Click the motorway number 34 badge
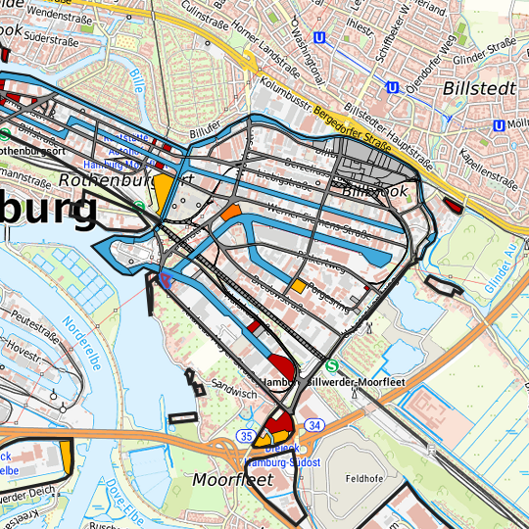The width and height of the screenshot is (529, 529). coord(313,425)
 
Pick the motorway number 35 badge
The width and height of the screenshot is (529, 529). coord(245,435)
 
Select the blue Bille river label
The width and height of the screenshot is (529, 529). coord(135,81)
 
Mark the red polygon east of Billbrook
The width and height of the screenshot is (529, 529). coord(453,205)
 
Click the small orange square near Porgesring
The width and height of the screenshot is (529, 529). coord(297,286)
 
